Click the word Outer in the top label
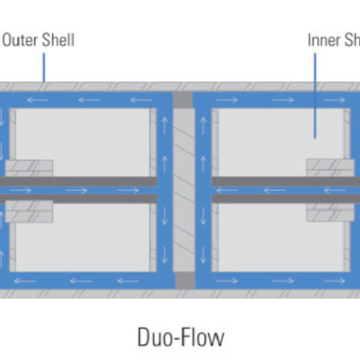[19, 39]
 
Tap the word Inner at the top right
[322, 39]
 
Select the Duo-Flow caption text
[180, 336]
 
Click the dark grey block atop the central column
[184, 99]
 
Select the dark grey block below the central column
[184, 280]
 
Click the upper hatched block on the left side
[29, 168]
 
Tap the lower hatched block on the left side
[29, 211]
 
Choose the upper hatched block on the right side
[330, 168]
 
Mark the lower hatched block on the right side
[330, 211]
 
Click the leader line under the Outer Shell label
[45, 67]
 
